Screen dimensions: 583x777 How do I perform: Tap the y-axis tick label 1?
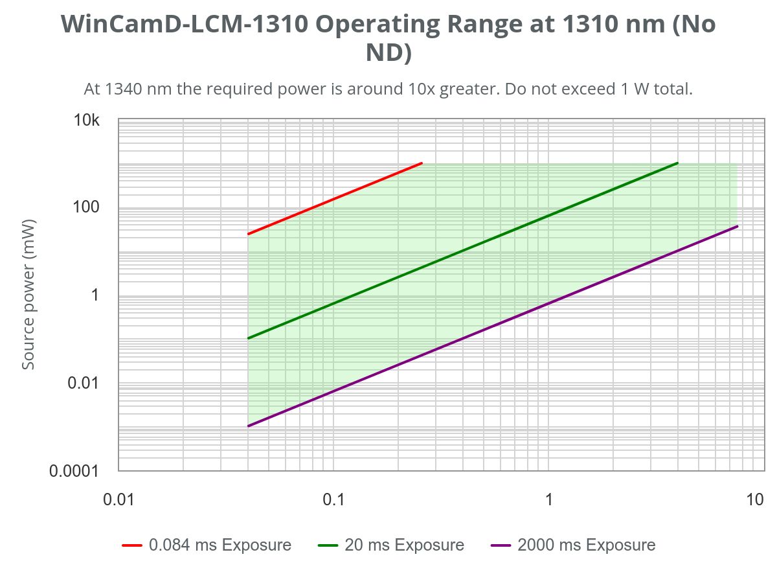point(95,295)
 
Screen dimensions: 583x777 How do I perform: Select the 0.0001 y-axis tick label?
point(74,471)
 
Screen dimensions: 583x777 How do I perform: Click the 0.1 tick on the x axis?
point(333,500)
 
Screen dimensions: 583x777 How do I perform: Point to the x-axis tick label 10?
point(755,500)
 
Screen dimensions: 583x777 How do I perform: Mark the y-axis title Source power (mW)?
point(28,295)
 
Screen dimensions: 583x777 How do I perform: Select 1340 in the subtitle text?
point(124,89)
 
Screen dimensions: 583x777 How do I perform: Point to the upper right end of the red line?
point(422,163)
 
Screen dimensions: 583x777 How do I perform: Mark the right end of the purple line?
point(738,226)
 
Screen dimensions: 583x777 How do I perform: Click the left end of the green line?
point(249,338)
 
